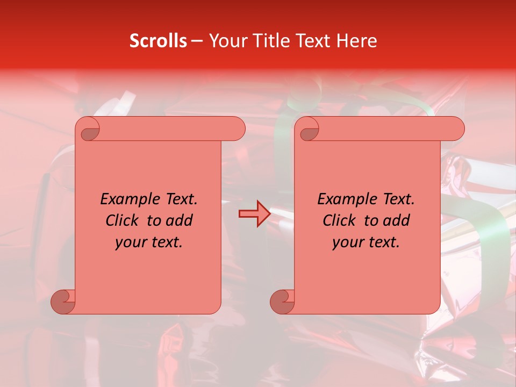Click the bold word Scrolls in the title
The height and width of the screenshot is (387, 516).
pyautogui.click(x=158, y=41)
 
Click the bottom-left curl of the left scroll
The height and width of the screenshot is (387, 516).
pyautogui.click(x=62, y=301)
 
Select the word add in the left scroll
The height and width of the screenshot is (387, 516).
pyautogui.click(x=180, y=221)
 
